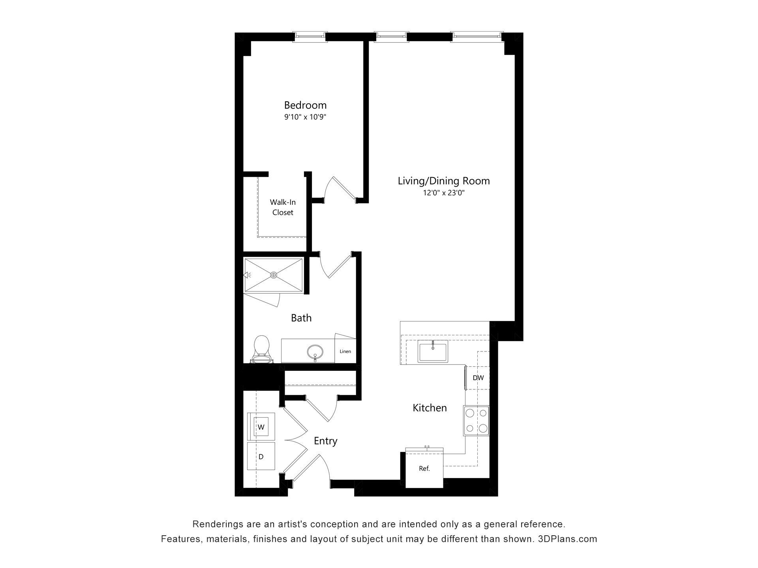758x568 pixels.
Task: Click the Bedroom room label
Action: [305, 105]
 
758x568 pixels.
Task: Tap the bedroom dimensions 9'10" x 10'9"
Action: [305, 117]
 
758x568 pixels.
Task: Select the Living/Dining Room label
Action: [444, 181]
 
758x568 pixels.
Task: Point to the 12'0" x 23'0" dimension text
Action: [444, 193]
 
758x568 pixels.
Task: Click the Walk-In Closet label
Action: [283, 207]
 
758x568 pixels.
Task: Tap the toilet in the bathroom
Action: [261, 349]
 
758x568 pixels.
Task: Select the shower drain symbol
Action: [274, 275]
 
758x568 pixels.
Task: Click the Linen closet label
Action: [345, 351]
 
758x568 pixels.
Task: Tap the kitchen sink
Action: [433, 351]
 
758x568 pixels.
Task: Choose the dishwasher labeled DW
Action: [477, 378]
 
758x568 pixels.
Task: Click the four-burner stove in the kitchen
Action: [476, 420]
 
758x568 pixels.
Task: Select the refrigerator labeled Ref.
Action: [424, 468]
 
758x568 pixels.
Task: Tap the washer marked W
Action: [261, 427]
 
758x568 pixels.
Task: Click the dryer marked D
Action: [261, 456]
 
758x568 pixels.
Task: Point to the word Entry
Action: [326, 441]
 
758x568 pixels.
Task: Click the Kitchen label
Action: [430, 408]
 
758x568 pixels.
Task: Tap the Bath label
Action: [301, 318]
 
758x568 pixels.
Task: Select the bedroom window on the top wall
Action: [310, 37]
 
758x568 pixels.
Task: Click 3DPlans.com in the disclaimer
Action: [567, 539]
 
